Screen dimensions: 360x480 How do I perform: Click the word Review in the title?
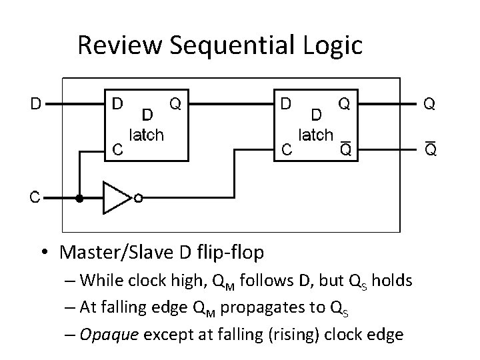click(x=122, y=46)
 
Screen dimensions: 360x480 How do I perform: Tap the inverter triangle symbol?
click(x=115, y=198)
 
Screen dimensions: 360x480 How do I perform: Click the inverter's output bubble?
click(x=138, y=198)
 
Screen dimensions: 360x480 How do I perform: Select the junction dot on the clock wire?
click(x=80, y=198)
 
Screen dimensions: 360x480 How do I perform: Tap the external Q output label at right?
click(x=430, y=104)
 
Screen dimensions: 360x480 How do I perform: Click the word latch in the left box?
click(x=146, y=135)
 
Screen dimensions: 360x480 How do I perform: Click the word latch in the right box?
click(x=315, y=135)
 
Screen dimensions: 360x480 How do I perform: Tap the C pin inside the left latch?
click(x=117, y=151)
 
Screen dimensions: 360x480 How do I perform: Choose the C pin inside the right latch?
click(x=286, y=151)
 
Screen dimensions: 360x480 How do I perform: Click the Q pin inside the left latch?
click(x=176, y=104)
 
